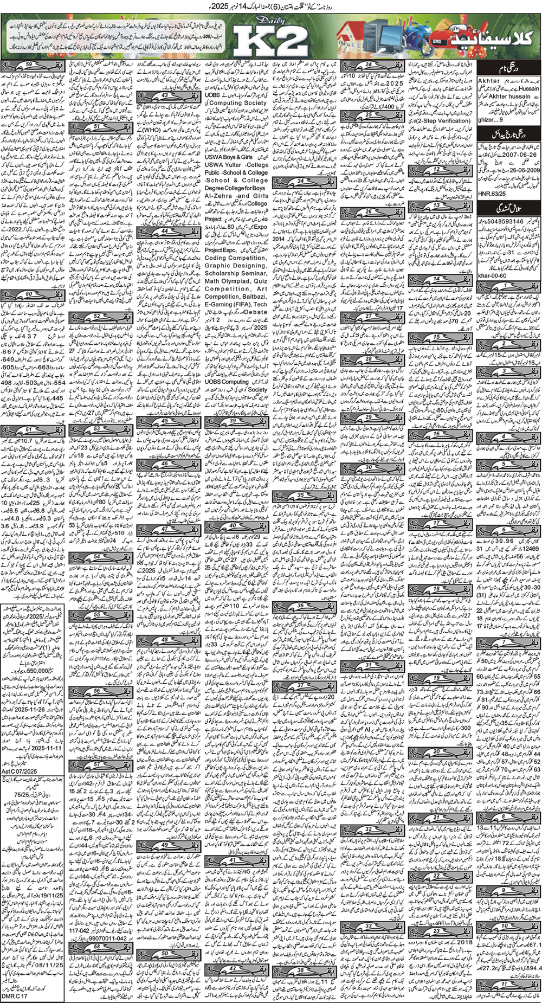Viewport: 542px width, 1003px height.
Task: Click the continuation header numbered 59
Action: tap(32, 66)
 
